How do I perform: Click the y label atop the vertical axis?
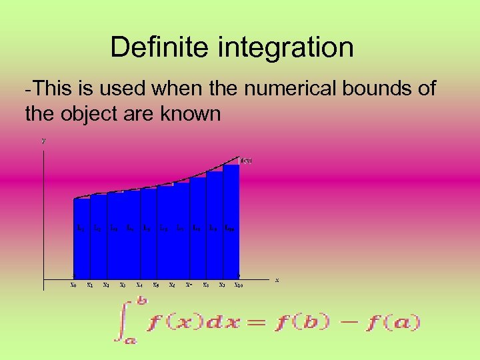(43, 141)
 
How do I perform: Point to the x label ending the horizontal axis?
(277, 279)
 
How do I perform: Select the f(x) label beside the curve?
(246, 161)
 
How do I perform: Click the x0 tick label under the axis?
(73, 285)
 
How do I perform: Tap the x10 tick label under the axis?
(238, 285)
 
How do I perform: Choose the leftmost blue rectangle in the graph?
(81, 237)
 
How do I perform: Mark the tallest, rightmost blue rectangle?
(231, 220)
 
